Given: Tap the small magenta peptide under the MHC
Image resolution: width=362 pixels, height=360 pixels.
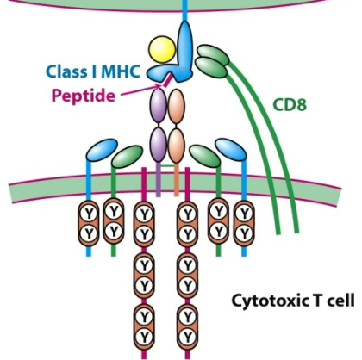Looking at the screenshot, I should pos(162,80).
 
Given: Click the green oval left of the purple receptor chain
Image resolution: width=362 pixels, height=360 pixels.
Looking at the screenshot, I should pos(127,157).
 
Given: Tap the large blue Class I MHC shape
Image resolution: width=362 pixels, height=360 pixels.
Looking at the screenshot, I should pos(186,47).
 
